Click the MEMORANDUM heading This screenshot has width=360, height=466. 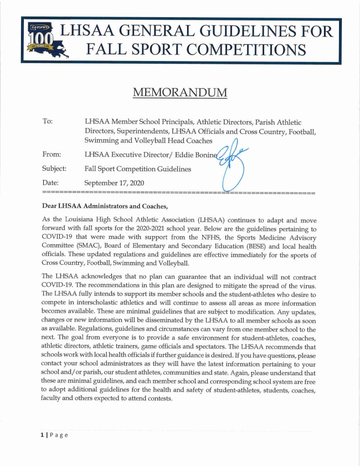pyautogui.click(x=180, y=91)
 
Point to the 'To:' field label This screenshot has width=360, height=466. pyautogui.click(x=48, y=121)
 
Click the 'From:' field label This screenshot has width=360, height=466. pyautogui.click(x=52, y=155)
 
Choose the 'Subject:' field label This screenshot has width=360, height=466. pyautogui.click(x=54, y=168)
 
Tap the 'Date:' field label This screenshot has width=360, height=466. pyautogui.click(x=51, y=182)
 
